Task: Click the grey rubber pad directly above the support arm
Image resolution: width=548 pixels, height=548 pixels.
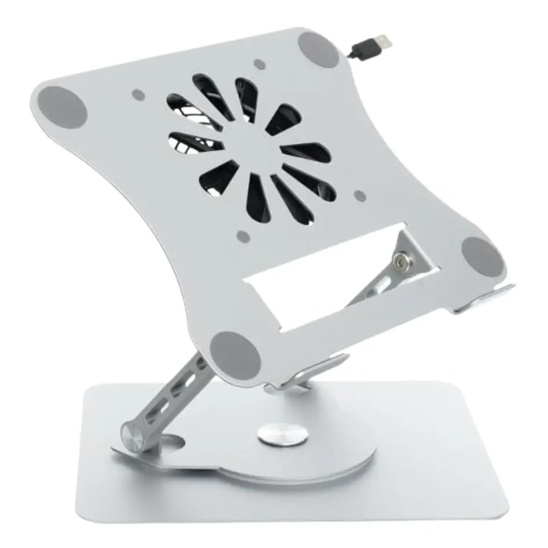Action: [235, 355]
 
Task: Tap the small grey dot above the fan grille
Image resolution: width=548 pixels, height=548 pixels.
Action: [260, 65]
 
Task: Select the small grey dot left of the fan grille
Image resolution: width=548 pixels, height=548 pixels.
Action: [138, 94]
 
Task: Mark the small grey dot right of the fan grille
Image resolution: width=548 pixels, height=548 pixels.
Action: [360, 196]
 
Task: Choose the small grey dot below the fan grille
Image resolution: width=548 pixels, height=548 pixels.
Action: [244, 237]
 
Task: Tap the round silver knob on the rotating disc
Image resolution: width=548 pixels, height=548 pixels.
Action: [282, 435]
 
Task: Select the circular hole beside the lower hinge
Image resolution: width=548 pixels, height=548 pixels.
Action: [172, 442]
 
